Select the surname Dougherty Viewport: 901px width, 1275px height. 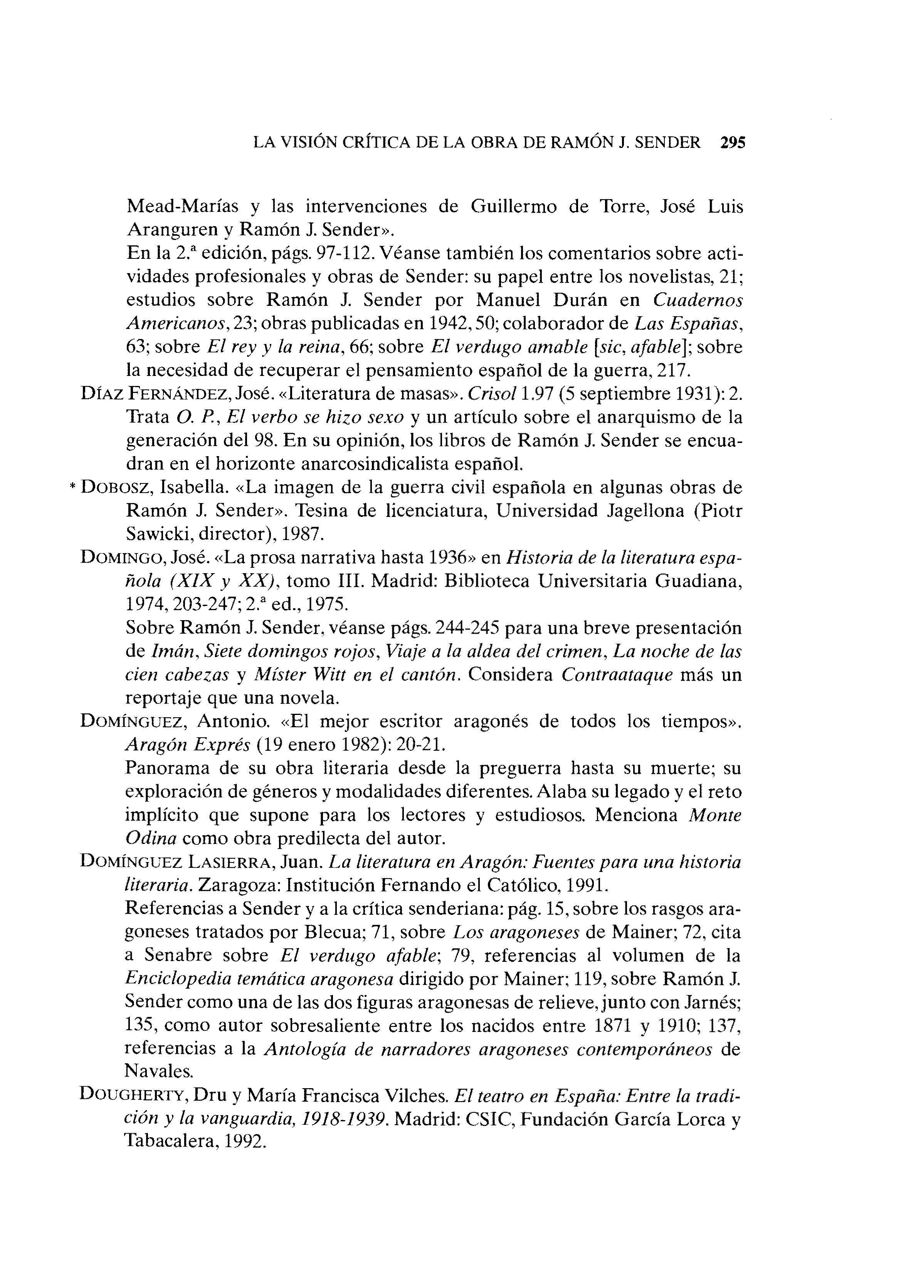(135, 1094)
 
